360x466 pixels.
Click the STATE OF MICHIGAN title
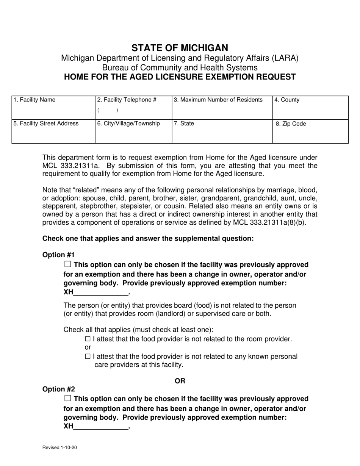(x=180, y=48)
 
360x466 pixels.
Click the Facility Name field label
(x=34, y=100)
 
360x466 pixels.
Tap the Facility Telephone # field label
(x=127, y=100)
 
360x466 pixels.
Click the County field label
(x=287, y=100)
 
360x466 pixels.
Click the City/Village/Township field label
(x=129, y=124)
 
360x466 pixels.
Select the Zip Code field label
(x=291, y=124)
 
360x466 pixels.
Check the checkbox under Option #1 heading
(x=68, y=264)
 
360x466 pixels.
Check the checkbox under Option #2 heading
(x=68, y=398)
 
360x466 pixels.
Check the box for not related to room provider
(x=88, y=339)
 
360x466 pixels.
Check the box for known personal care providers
(x=88, y=356)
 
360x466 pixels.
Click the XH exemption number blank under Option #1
(x=101, y=292)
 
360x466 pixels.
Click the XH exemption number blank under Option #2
(x=101, y=427)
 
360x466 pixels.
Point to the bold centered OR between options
(x=180, y=381)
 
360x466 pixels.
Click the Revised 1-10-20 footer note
(x=60, y=447)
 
